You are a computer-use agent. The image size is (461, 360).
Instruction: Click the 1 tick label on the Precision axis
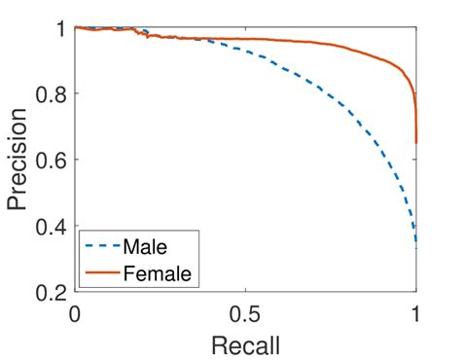[60, 28]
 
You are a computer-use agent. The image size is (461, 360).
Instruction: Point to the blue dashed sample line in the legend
[102, 247]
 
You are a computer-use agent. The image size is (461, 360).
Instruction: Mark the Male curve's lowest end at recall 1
[416, 241]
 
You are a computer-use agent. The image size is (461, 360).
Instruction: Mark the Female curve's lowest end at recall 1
[416, 143]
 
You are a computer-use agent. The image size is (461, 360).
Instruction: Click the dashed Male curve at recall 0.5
[245, 54]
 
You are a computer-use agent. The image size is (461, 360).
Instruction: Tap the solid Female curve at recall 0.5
[245, 39]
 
